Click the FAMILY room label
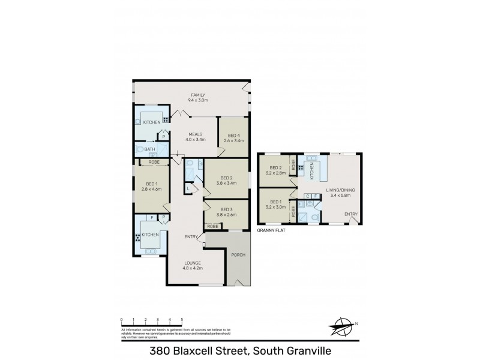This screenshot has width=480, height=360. (198, 95)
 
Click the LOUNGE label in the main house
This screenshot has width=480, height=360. (193, 262)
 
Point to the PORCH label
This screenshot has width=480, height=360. (239, 255)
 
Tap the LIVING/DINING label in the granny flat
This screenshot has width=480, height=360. (340, 190)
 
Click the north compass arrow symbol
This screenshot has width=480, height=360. (343, 327)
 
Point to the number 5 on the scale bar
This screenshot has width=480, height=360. (182, 320)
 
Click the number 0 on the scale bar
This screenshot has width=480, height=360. (122, 320)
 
